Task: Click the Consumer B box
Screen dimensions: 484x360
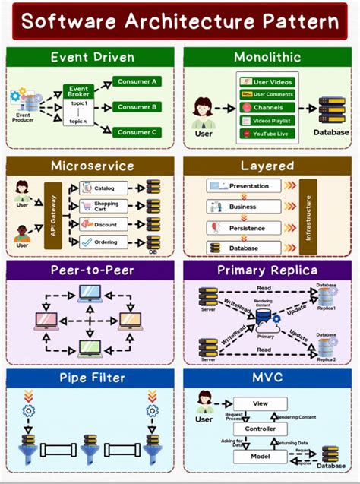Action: point(137,106)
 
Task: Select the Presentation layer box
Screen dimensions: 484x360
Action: point(244,185)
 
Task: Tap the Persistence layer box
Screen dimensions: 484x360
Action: point(244,227)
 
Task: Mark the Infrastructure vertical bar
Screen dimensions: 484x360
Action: point(308,216)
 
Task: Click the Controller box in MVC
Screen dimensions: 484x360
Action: point(260,429)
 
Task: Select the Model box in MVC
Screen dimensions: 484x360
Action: point(260,456)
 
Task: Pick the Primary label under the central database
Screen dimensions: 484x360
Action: point(265,335)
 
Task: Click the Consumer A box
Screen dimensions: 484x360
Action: point(137,81)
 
